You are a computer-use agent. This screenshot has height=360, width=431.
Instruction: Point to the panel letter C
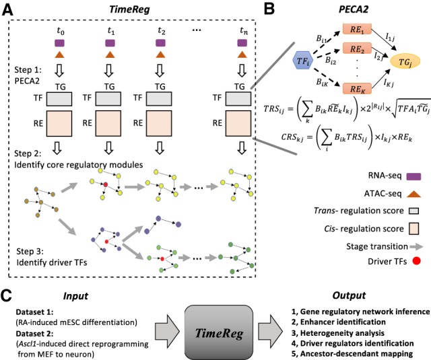tap(7, 276)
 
